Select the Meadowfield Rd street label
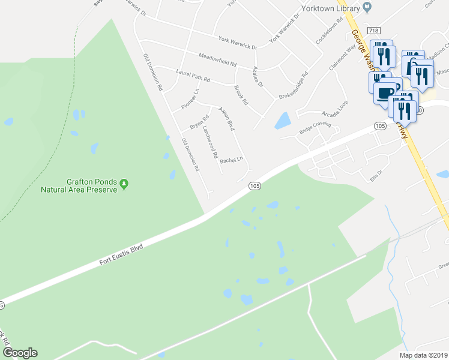click(220, 59)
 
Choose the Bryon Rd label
click(199, 122)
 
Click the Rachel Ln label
click(231, 160)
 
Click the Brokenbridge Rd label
click(294, 86)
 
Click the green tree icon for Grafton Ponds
click(124, 183)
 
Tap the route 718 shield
click(373, 31)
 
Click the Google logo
click(20, 353)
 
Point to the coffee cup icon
click(385, 92)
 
